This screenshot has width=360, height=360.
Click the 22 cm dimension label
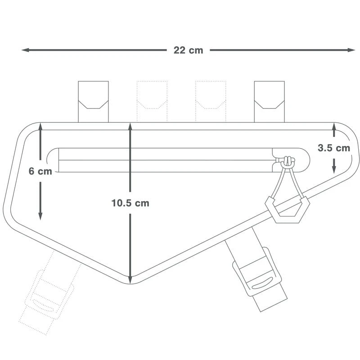(x=188, y=50)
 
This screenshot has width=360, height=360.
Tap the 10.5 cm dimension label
(x=130, y=203)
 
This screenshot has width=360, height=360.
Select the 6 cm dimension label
(x=40, y=171)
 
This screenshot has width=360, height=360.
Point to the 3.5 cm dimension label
(x=334, y=148)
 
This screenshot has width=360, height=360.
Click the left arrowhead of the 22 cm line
(x=25, y=50)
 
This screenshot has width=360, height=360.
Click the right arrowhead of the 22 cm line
(x=351, y=50)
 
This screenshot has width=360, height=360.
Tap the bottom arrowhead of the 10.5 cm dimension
(x=130, y=279)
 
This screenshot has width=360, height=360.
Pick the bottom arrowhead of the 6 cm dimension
(x=40, y=216)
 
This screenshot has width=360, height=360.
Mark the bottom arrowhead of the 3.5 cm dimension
(x=334, y=170)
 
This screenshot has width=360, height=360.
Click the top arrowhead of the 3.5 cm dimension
(x=334, y=127)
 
